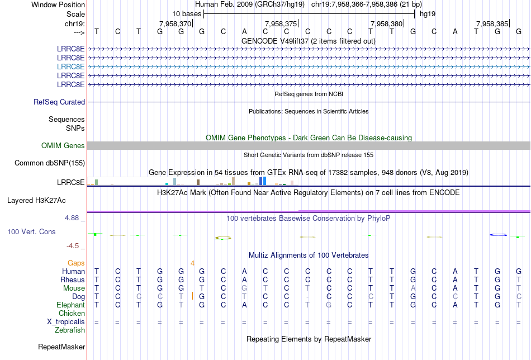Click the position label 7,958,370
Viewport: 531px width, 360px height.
tap(175, 23)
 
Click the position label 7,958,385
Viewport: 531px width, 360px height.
tap(492, 23)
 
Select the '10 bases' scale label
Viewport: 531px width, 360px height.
tap(187, 13)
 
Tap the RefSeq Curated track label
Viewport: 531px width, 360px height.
tap(59, 102)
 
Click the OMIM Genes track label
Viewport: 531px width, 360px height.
tap(63, 146)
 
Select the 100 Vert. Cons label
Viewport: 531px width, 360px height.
tap(31, 231)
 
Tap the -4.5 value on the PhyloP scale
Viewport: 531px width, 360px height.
tap(74, 245)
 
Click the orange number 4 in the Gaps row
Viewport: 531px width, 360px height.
tap(192, 263)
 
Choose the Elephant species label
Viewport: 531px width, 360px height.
tap(70, 305)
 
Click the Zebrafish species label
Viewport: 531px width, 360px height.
tap(70, 330)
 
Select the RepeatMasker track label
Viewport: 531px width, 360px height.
tap(61, 347)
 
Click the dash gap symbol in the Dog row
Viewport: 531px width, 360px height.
tap(307, 297)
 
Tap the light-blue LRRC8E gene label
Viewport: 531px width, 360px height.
tap(71, 66)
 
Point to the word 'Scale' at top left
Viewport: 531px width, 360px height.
tap(75, 14)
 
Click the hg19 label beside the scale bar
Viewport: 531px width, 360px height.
tap(428, 13)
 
